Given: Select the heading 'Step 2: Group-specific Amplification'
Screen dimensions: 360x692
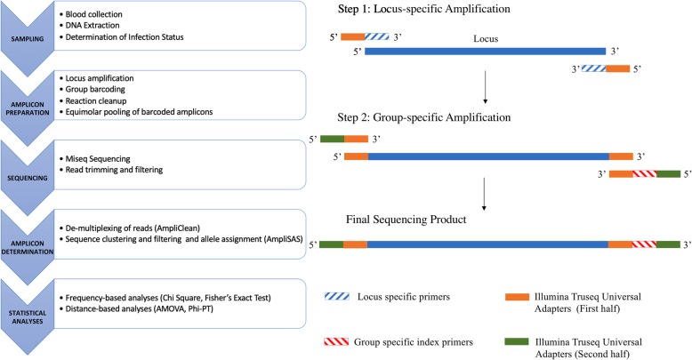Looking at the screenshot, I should click(440, 116).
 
